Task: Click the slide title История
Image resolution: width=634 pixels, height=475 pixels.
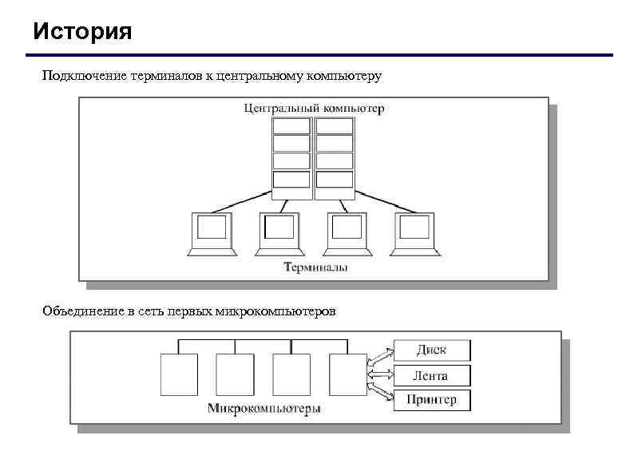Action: point(83,33)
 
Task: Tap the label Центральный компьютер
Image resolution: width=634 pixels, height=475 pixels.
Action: point(313,108)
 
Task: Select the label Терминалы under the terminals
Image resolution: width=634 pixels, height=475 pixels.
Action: point(316,267)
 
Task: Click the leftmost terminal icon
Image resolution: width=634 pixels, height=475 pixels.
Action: point(212,233)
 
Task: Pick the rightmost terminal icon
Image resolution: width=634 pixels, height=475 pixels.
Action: point(415,233)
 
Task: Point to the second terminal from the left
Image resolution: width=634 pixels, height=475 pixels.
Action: point(279,233)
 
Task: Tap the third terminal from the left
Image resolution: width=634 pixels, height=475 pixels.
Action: point(347,233)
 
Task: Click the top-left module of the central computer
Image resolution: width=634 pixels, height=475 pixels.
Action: point(291,125)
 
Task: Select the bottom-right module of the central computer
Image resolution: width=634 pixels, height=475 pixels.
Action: point(335,180)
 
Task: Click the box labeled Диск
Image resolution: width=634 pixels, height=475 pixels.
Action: point(432,350)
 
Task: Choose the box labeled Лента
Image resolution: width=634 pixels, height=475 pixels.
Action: point(432,375)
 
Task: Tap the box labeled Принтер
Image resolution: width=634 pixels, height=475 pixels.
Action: point(432,400)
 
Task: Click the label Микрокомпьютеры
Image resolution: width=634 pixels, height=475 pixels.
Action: point(264,409)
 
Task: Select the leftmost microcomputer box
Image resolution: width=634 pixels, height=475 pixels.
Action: point(178,374)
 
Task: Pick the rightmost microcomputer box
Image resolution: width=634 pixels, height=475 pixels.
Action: point(347,374)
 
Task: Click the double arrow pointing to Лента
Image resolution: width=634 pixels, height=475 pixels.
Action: point(380,374)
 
